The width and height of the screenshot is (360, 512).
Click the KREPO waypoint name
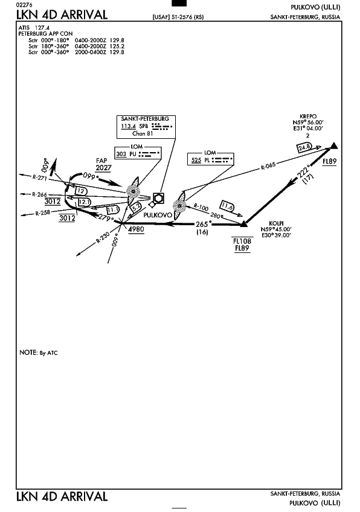(308, 117)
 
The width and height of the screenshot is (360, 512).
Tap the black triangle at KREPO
(333, 146)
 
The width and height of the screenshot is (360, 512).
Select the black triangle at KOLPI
(243, 223)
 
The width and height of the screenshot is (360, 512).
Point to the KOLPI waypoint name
(276, 223)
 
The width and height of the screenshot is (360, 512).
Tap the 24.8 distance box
(304, 147)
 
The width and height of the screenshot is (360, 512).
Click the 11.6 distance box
(227, 206)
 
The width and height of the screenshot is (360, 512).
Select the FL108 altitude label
(242, 241)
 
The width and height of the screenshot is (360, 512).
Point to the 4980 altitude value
(136, 229)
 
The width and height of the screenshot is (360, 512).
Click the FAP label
(101, 161)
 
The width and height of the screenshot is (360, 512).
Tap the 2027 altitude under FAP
(103, 168)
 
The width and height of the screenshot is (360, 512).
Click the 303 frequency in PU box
(121, 154)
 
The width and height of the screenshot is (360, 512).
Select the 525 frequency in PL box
(196, 160)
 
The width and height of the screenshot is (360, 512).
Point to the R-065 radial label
(268, 166)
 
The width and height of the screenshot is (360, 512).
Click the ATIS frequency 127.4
(42, 28)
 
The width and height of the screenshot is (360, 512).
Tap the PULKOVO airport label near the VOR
(158, 215)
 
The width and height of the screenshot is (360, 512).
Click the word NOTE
(28, 353)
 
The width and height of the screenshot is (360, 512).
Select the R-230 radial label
(103, 238)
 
